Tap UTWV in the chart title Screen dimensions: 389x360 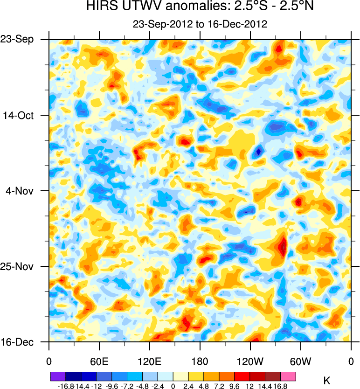tap(138, 7)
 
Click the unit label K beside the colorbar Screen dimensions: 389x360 tap(327, 381)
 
